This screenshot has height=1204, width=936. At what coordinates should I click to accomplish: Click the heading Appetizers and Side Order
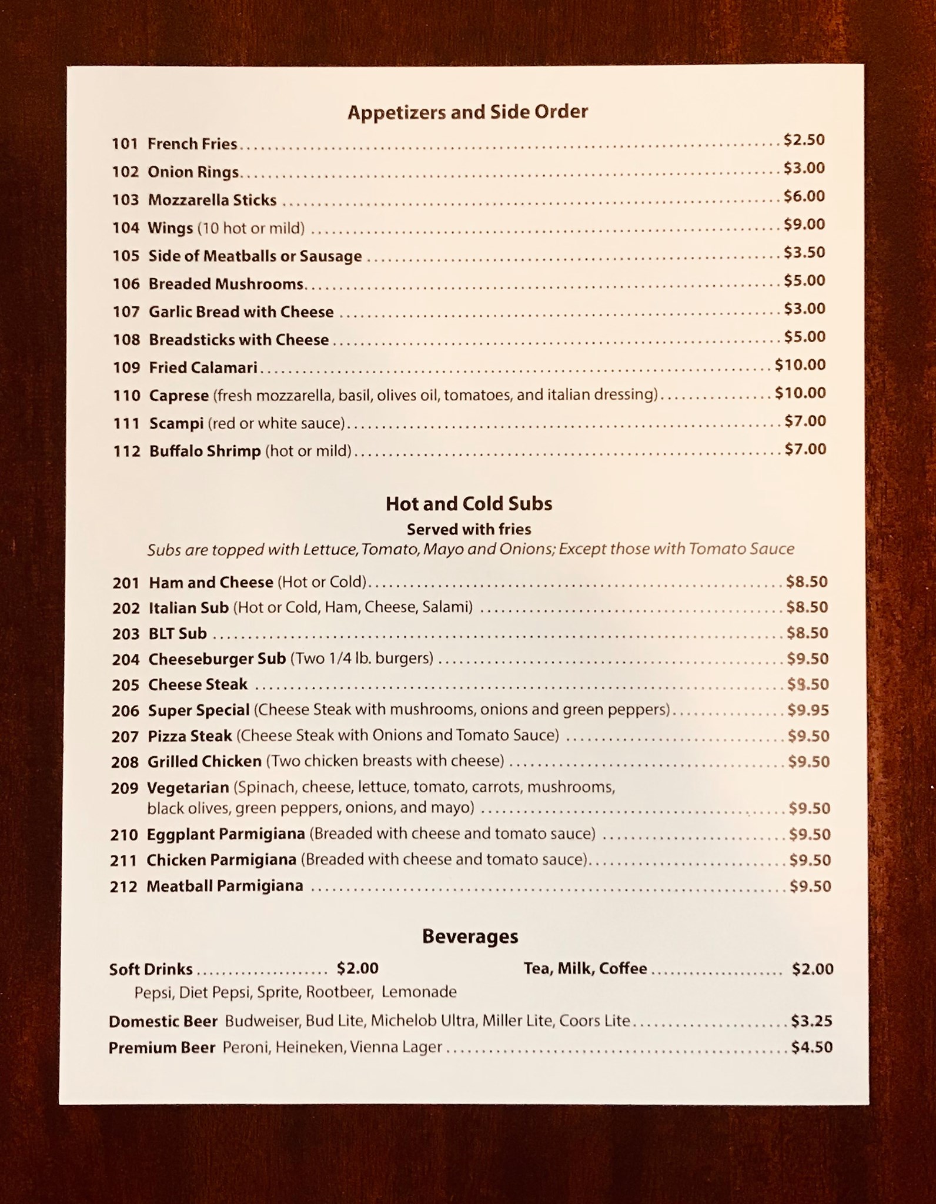point(467,112)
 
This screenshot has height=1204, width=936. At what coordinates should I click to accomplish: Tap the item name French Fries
point(192,143)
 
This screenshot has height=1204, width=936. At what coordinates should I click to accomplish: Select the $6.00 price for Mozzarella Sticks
point(804,196)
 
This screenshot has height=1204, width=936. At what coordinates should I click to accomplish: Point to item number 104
point(125,228)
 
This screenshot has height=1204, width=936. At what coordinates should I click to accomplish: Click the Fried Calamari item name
point(203,367)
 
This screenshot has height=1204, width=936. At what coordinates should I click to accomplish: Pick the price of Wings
point(804,224)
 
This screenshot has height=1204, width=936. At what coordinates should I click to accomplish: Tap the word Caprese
point(179,395)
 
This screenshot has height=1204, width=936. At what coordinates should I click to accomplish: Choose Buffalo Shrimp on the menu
point(205,451)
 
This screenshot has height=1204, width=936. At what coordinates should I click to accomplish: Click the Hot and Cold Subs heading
point(469,503)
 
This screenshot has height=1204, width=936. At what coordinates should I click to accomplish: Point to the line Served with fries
point(469,529)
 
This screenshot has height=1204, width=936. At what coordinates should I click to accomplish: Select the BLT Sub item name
point(178,633)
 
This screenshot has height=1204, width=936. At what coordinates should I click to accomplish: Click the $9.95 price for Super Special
point(808,710)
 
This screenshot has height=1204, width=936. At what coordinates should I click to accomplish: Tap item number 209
point(124,788)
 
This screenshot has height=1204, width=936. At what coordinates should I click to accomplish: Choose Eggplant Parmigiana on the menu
point(226,834)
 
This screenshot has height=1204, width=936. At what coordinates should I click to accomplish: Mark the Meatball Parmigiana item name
point(225,886)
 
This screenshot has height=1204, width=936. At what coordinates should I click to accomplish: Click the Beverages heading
point(470,937)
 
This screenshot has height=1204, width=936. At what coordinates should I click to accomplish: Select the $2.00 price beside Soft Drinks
point(357,968)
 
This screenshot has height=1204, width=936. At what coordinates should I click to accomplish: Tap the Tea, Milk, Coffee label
point(585,968)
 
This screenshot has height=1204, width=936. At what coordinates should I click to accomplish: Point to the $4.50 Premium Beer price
point(811,1047)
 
